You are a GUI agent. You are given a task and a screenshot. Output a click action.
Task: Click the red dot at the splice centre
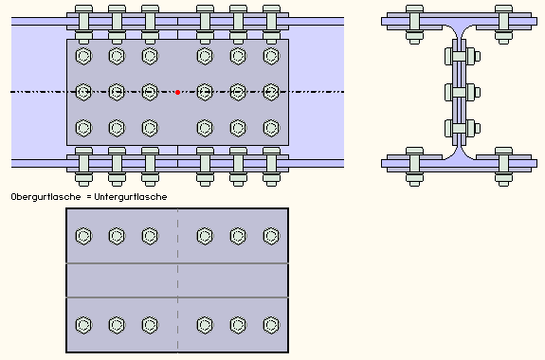point(177,92)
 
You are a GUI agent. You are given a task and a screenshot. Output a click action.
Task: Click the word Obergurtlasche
point(45,197)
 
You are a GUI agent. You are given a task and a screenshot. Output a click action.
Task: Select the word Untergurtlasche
point(131,197)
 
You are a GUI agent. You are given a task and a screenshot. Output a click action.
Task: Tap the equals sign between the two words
point(89,197)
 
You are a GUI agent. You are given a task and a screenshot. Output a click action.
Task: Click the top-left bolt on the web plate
point(83,56)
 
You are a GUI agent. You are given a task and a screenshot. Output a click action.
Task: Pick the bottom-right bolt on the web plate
point(271,128)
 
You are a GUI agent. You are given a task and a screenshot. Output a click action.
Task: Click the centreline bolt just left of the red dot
point(150,92)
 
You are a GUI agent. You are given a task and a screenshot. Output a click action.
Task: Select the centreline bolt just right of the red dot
point(205,92)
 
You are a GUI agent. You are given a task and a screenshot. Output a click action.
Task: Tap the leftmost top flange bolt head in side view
point(83,9)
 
